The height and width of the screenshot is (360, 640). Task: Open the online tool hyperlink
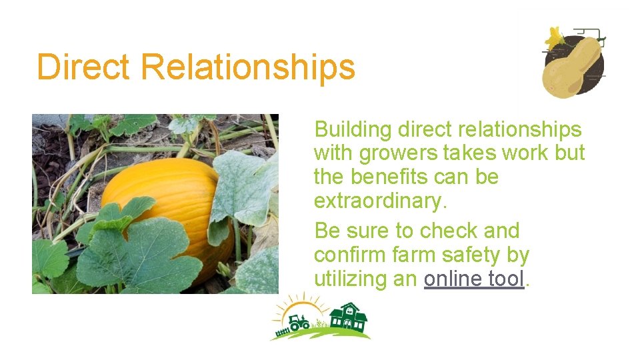[474, 279]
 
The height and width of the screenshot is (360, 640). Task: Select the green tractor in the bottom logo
[298, 323]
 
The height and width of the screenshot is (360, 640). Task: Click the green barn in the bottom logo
[348, 318]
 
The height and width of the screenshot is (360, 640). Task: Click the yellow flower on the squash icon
[555, 37]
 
